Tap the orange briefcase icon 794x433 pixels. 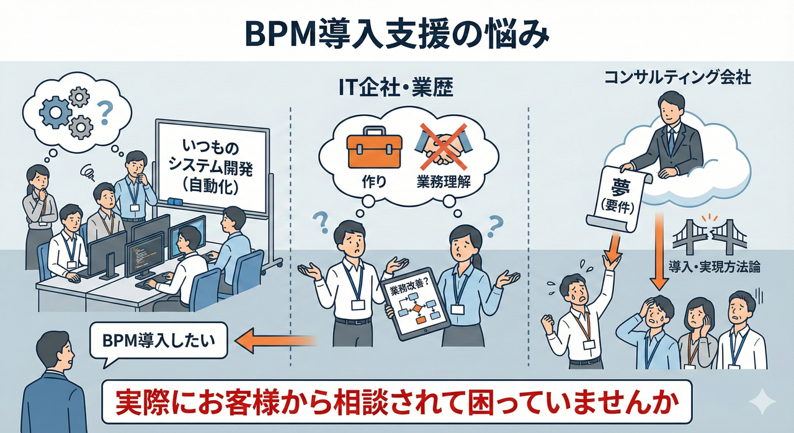(x=374, y=148)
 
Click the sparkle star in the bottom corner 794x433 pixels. (x=762, y=403)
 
